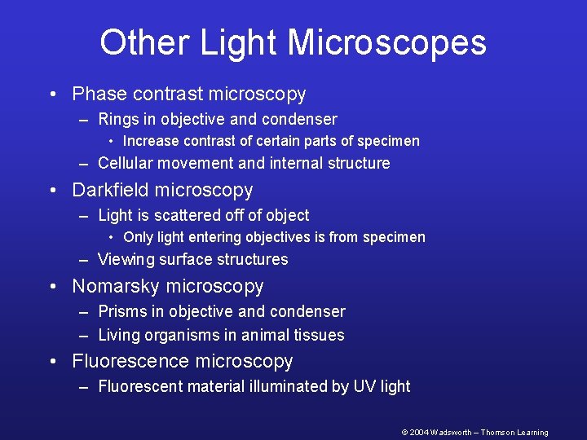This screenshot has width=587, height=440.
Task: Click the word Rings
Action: coord(119,120)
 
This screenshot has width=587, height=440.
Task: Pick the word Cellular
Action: coord(125,163)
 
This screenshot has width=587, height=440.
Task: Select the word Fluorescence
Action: coord(126,361)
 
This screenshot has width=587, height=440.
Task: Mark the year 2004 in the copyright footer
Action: coord(419,433)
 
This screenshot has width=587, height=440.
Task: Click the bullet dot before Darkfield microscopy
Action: coord(54,191)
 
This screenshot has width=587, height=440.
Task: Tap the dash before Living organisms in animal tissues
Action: coord(84,335)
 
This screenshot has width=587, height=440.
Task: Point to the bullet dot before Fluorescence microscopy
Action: coord(54,362)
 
